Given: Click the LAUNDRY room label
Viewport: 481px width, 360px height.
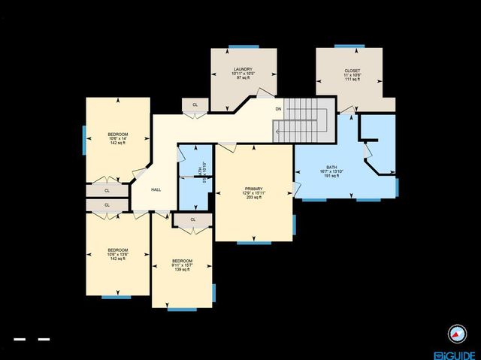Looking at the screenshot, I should (x=242, y=69).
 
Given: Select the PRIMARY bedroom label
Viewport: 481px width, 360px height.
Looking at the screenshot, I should (x=253, y=189).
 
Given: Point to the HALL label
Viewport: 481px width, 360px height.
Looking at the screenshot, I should (x=156, y=189).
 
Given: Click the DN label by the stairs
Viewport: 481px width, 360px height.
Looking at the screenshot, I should (x=278, y=110).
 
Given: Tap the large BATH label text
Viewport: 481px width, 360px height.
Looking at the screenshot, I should (x=331, y=167).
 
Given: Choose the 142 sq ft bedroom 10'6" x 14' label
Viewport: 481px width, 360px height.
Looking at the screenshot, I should (x=116, y=134).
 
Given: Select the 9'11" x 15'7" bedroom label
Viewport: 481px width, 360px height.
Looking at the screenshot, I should (x=182, y=265).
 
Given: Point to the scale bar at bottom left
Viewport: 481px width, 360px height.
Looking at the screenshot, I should (x=32, y=340).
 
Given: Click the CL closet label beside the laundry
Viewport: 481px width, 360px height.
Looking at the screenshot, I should (x=195, y=105).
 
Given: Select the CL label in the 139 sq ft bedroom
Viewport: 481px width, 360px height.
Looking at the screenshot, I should (x=193, y=219).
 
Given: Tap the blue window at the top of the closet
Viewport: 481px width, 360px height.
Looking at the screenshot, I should (x=352, y=47).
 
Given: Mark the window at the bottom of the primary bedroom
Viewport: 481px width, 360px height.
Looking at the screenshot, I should (x=253, y=242).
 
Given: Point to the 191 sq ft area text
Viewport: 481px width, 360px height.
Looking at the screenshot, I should (x=331, y=175).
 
